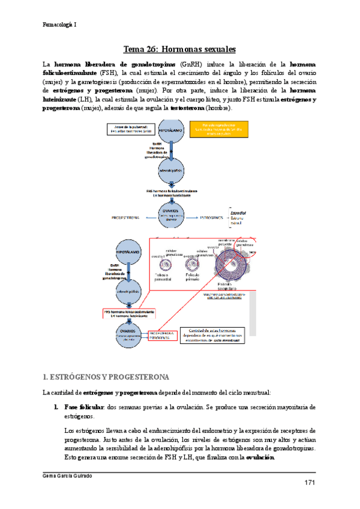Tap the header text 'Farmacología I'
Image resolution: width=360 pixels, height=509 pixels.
coord(59,25)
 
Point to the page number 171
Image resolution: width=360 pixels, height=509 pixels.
coord(309,483)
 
